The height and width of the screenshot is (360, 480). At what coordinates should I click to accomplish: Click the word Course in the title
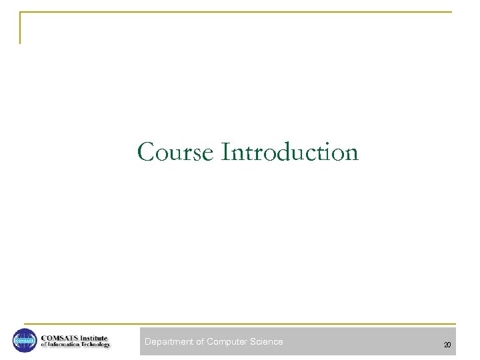176,152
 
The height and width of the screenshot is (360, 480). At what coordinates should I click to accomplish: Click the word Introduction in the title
290,152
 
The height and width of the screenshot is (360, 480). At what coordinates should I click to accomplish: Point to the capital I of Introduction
225,152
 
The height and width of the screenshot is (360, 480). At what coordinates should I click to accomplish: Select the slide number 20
447,345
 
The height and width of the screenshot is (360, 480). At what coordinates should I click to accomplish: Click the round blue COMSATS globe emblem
25,341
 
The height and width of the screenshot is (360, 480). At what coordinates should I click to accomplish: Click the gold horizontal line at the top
233,12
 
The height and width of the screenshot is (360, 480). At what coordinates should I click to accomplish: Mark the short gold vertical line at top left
20,28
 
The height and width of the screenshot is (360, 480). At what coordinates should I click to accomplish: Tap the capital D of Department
148,342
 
